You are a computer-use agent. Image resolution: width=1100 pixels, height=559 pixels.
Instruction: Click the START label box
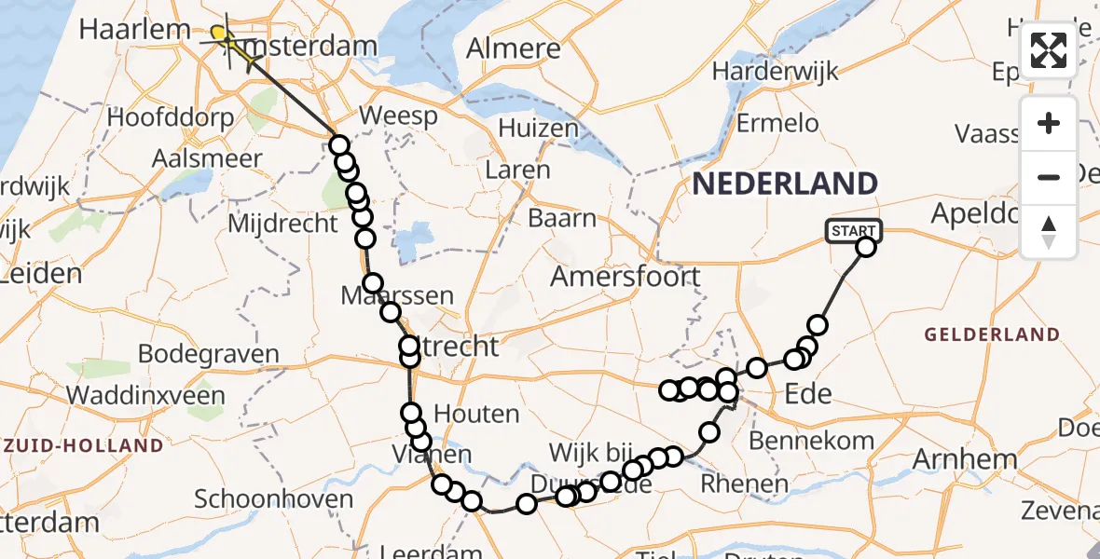click(853, 230)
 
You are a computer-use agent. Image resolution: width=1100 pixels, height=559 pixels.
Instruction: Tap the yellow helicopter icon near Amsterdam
click(221, 35)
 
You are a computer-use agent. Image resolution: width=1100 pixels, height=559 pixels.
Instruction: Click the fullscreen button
click(1049, 50)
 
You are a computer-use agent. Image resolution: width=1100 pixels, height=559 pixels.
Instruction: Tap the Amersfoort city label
click(625, 277)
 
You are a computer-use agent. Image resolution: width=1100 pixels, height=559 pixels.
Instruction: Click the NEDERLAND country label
click(784, 183)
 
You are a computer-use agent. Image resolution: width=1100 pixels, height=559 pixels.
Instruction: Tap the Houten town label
click(476, 415)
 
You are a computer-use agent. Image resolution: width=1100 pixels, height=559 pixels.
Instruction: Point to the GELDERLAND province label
click(992, 334)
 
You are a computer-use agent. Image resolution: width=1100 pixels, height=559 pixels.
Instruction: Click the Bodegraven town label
click(208, 354)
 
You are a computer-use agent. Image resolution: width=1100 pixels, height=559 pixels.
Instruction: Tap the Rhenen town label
click(744, 484)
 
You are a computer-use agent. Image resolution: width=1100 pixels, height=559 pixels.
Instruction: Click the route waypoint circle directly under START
click(866, 247)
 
